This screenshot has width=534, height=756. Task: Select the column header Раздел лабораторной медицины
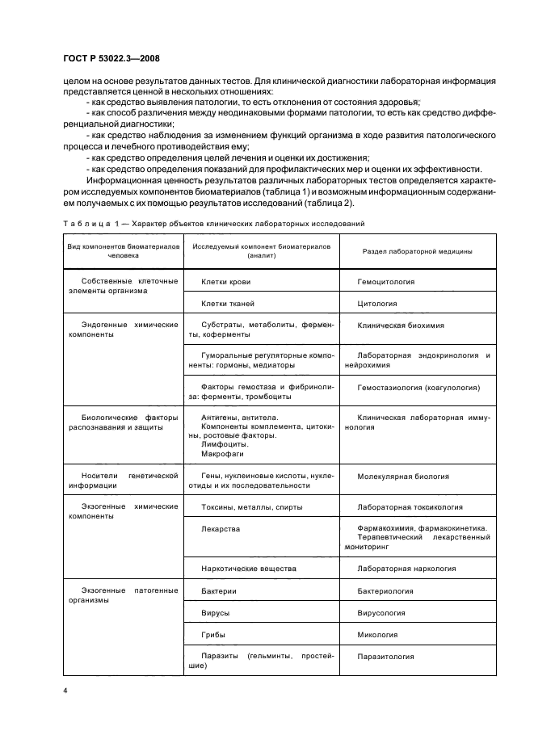pyautogui.click(x=414, y=252)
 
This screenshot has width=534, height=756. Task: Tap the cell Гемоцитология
pyautogui.click(x=385, y=282)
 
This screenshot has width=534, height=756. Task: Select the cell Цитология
pyautogui.click(x=376, y=304)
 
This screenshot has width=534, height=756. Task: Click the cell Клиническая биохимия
pyautogui.click(x=400, y=325)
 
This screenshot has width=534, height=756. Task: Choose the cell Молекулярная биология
pyautogui.click(x=402, y=477)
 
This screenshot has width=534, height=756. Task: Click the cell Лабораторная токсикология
pyautogui.click(x=410, y=507)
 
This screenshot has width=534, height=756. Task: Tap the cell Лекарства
pyautogui.click(x=222, y=529)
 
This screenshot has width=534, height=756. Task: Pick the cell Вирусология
pyautogui.click(x=385, y=613)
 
